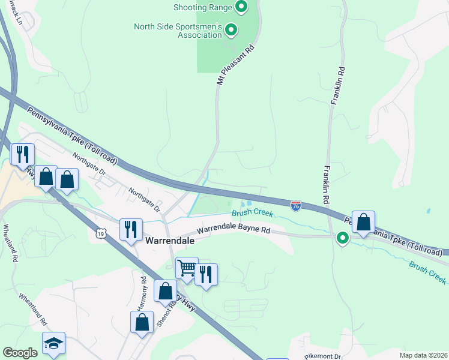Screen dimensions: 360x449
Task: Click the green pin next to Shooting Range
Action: pos(241,7)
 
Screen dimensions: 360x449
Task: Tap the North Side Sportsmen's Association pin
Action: pos(231,29)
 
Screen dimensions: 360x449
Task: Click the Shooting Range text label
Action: pos(202,7)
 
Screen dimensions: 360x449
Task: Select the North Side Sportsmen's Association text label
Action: pos(178,31)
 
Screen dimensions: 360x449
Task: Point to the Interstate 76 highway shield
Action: pos(296,206)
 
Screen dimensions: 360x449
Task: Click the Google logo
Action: pos(20,353)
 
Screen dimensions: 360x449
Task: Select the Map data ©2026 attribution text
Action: pos(423,355)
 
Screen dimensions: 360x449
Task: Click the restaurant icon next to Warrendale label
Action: pos(131,229)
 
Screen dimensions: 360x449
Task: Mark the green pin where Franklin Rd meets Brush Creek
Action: pos(343,239)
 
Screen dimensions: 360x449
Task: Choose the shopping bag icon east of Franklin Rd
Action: pos(363,221)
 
